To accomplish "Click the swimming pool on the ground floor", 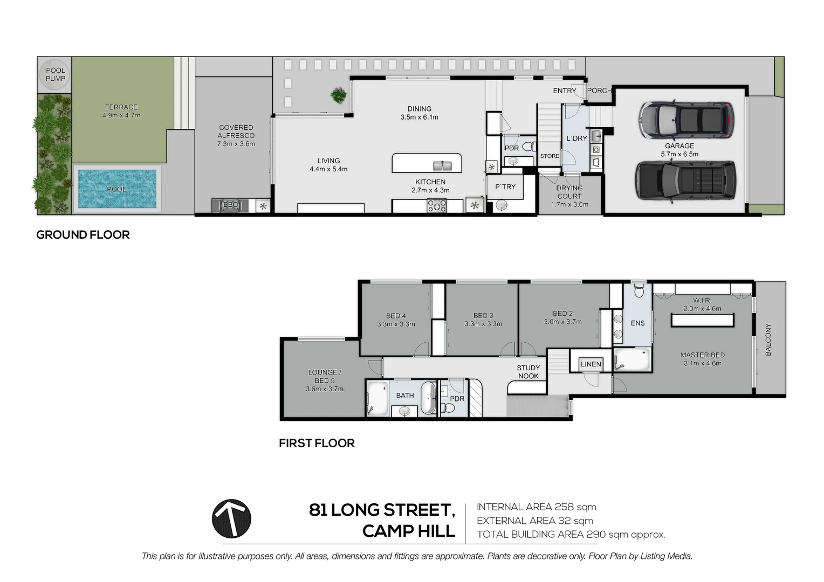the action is pos(117,189).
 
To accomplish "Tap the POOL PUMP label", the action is pos(56,74).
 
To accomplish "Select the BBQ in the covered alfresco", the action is pos(230,205).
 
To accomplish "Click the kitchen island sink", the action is pos(442,166).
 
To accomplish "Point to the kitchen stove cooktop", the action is pos(437,205).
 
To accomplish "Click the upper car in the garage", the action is pos(686,120).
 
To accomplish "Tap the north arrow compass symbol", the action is pos(231,518).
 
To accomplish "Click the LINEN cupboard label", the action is pos(591,364).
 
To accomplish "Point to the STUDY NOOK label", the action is pos(528,372).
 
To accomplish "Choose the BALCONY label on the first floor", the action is pos(768,339).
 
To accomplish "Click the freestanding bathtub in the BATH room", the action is pos(428,398).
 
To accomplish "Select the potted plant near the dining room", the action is pos(339,95).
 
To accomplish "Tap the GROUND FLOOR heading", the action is pos(83,234).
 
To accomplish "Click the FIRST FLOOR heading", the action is pos(317,443).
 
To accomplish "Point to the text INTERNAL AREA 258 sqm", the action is pos(537,507).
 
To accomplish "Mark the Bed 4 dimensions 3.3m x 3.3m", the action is pos(396,324).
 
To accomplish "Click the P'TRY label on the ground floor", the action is pos(505,187).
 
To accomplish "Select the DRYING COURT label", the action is pos(569,192).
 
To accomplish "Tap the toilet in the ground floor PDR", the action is pos(530,147).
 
